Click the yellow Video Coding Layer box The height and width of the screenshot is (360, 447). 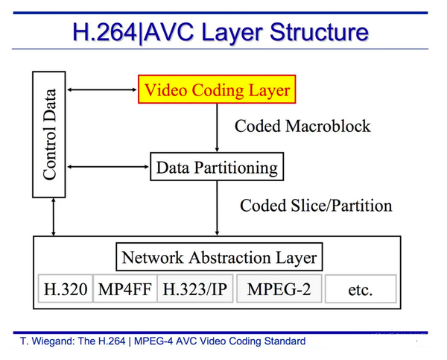(215, 90)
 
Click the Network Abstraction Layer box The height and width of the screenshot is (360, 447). (219, 258)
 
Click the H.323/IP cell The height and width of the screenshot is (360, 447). (194, 289)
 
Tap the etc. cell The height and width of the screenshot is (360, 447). (360, 289)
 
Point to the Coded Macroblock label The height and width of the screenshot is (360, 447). (302, 125)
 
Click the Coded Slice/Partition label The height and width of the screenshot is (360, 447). (315, 204)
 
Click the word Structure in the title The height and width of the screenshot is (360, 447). (313, 31)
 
